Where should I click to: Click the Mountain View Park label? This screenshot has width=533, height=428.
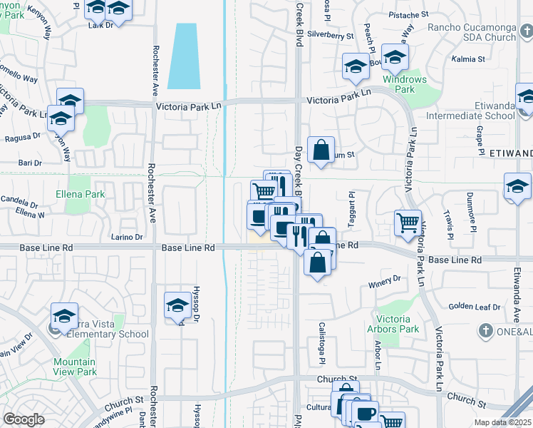75,367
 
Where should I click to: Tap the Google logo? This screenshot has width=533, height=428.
24,419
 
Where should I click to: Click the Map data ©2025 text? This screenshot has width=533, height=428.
503,422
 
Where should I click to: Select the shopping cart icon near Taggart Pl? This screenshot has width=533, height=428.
408,222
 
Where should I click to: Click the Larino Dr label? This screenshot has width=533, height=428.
128,237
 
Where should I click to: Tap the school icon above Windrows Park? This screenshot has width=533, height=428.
394,57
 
